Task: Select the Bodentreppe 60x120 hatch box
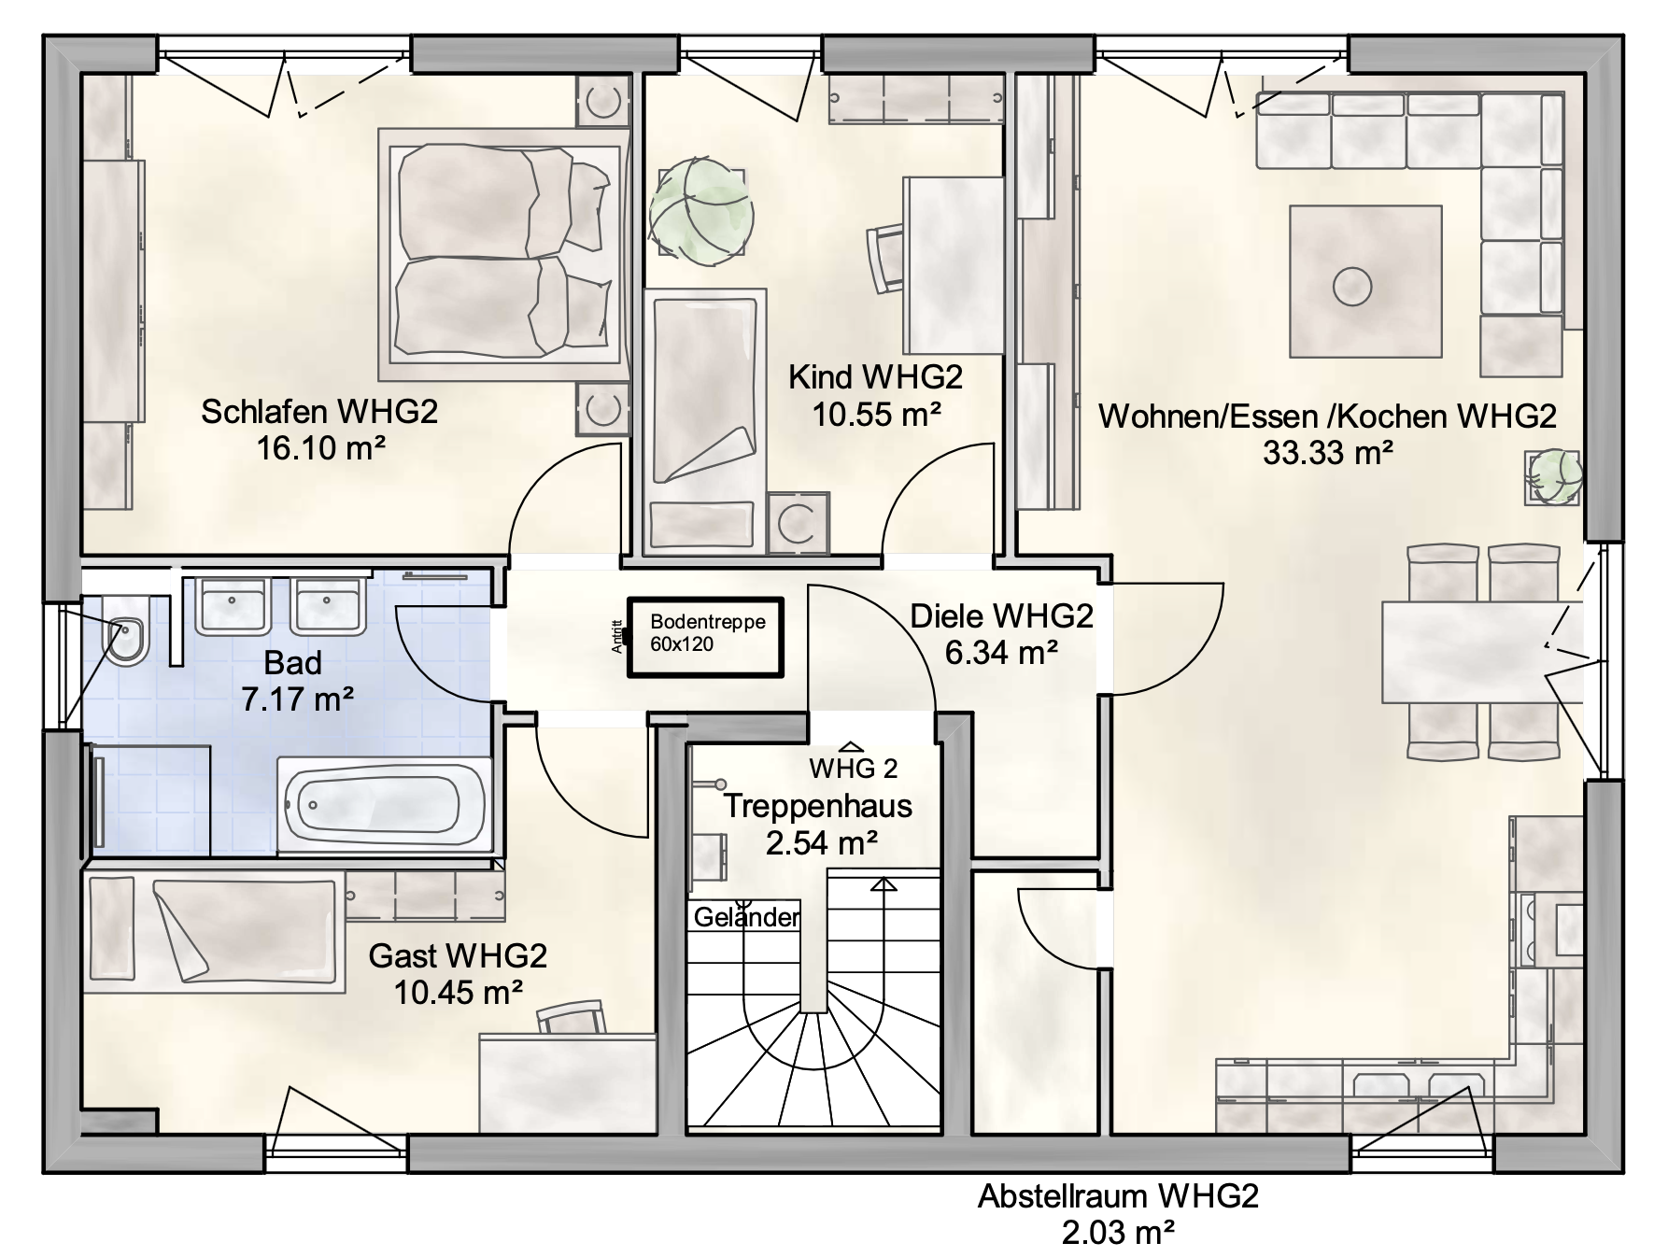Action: point(705,637)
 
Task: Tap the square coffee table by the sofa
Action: point(1364,281)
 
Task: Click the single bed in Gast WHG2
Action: point(214,928)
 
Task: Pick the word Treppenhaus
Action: point(818,806)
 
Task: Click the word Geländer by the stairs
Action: point(746,918)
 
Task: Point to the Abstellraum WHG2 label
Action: point(1118,1196)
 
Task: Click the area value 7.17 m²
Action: point(297,699)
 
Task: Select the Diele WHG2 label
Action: point(1001,616)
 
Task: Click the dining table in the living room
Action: point(1481,653)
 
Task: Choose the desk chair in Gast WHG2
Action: point(572,1017)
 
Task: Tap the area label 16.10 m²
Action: point(320,448)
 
